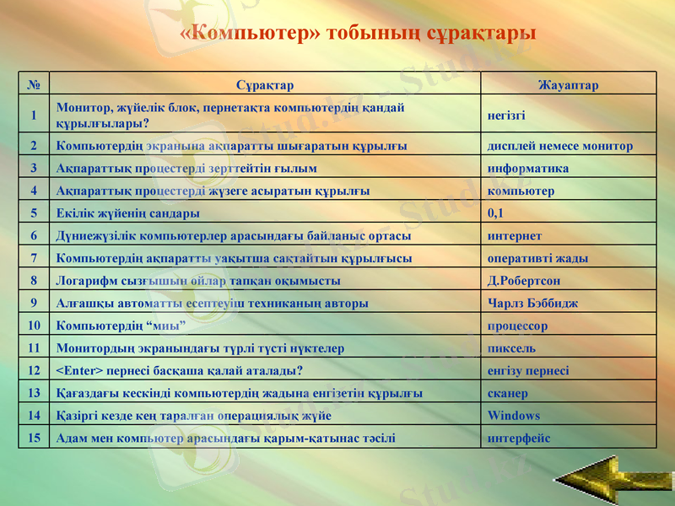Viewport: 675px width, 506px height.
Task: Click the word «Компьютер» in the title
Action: pyautogui.click(x=251, y=34)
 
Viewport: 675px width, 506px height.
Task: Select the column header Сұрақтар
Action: pyautogui.click(x=265, y=85)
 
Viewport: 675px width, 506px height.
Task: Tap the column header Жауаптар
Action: pyautogui.click(x=568, y=85)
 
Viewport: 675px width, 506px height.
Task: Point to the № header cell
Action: pyautogui.click(x=34, y=85)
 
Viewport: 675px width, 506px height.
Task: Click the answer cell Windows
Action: pyautogui.click(x=514, y=416)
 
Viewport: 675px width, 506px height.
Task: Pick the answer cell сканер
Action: pyautogui.click(x=508, y=393)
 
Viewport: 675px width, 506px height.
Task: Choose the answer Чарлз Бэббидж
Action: pyautogui.click(x=532, y=303)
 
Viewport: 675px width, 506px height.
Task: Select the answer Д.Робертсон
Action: pyautogui.click(x=524, y=281)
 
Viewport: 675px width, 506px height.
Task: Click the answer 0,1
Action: pyautogui.click(x=495, y=213)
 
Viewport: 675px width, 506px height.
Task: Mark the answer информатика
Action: pyautogui.click(x=528, y=168)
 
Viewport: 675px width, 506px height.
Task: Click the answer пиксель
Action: pyautogui.click(x=511, y=348)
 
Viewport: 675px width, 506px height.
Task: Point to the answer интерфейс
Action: pyautogui.click(x=519, y=439)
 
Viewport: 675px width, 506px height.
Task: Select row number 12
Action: pyautogui.click(x=34, y=370)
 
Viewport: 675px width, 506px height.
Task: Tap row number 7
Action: pyautogui.click(x=34, y=258)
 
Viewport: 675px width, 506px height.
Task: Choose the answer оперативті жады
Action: pyautogui.click(x=537, y=258)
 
